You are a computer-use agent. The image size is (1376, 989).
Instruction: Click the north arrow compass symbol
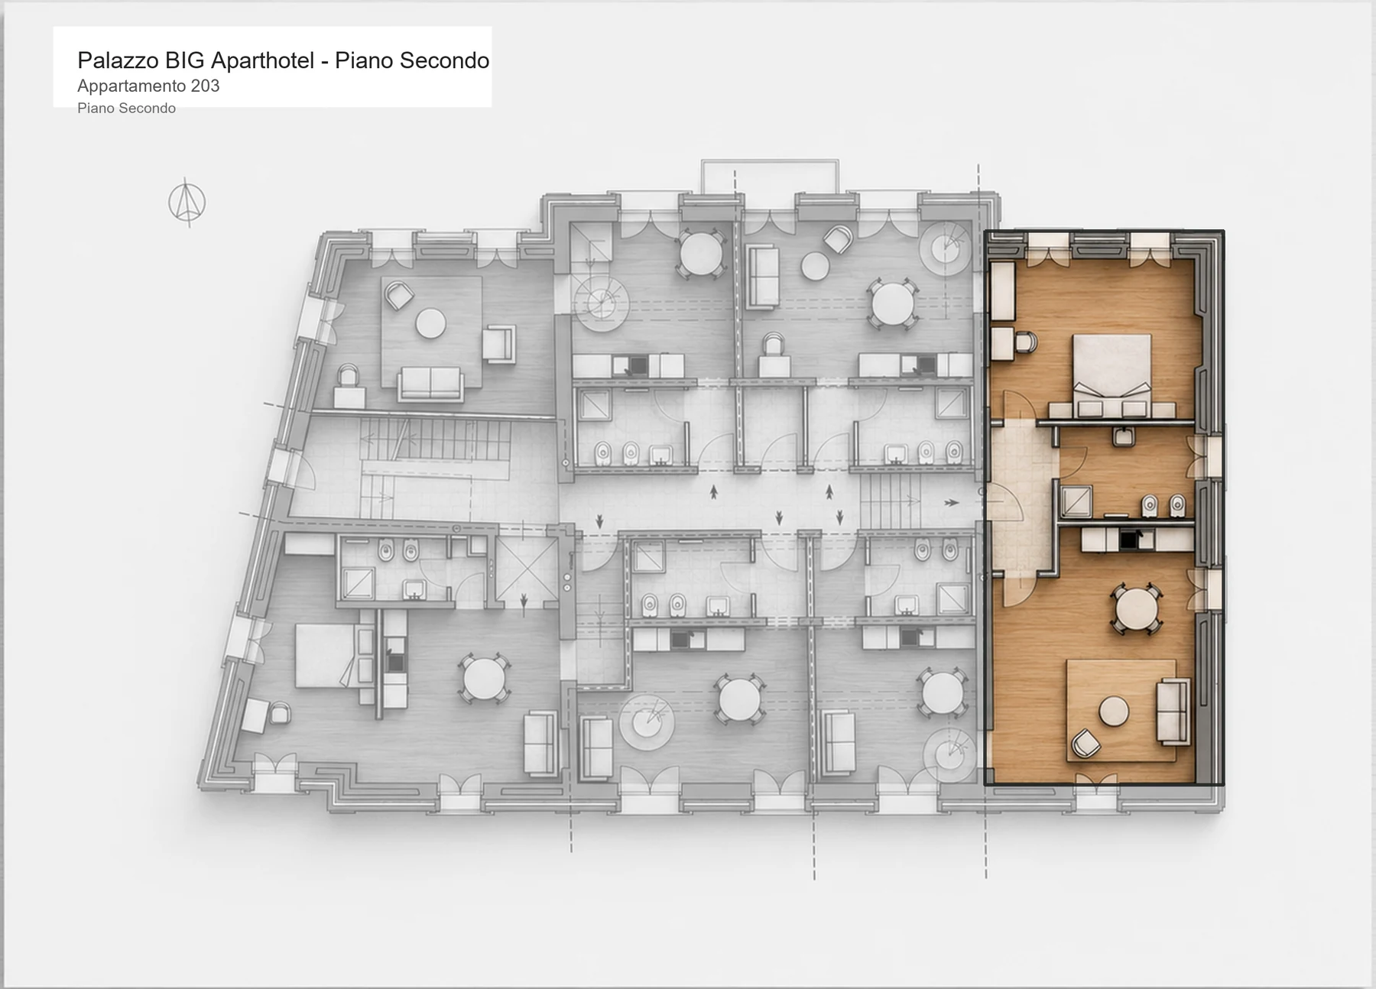[x=187, y=203]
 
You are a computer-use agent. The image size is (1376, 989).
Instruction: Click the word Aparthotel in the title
[x=261, y=60]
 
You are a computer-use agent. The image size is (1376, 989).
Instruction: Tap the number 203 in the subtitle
[x=205, y=86]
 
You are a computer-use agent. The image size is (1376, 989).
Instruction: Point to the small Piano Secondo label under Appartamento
[x=126, y=109]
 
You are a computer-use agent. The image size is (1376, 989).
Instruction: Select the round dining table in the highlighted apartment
[x=1137, y=609]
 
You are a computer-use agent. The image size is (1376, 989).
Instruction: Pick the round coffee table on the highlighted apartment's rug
[x=1114, y=712]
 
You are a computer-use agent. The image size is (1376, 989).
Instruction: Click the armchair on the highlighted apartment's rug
[x=1085, y=744]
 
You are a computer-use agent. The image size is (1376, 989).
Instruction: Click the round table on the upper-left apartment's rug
[x=430, y=323]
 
